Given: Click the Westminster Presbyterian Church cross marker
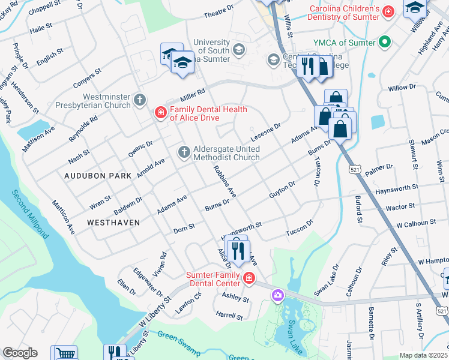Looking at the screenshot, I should click(140, 100).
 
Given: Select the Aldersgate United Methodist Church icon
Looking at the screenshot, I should click(184, 152).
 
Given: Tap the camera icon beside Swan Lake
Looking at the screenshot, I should click(277, 295).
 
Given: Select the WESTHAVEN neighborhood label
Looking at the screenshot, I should click(113, 222).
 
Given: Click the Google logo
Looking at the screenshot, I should click(19, 353).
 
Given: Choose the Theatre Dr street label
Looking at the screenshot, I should click(218, 11).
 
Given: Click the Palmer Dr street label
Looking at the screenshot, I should click(379, 170).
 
